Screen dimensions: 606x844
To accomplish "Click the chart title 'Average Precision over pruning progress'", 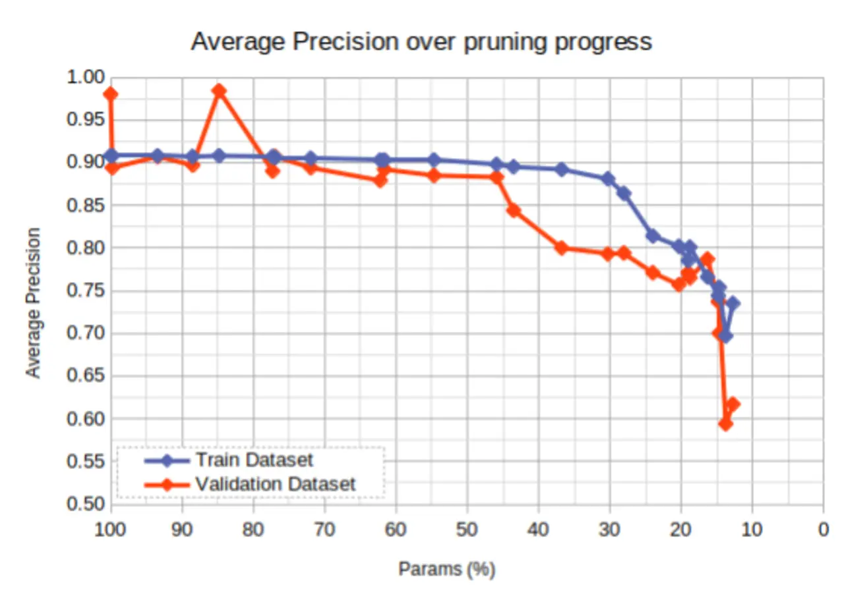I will (x=421, y=41).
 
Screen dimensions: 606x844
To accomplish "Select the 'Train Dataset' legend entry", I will (x=254, y=458).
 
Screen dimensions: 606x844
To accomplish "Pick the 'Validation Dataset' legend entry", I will (x=275, y=484).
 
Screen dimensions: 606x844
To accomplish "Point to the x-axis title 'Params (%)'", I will (x=446, y=568).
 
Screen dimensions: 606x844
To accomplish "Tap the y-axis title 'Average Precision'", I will (x=33, y=302).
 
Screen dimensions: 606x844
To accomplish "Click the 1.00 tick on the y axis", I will (x=86, y=77).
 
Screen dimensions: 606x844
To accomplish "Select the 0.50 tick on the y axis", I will (x=86, y=504).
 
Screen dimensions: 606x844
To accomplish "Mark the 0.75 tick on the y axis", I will (x=86, y=290).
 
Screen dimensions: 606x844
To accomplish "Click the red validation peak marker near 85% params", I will (x=220, y=91).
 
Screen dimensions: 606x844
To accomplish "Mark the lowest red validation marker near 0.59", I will (x=725, y=424).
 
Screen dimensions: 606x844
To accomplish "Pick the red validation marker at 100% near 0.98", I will (x=111, y=94).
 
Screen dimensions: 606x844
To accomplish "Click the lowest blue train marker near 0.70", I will (x=725, y=336).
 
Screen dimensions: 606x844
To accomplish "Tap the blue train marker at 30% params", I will (x=608, y=179).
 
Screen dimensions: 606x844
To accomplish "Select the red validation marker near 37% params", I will (x=562, y=248).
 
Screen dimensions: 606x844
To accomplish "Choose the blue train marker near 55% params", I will (x=434, y=160).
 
